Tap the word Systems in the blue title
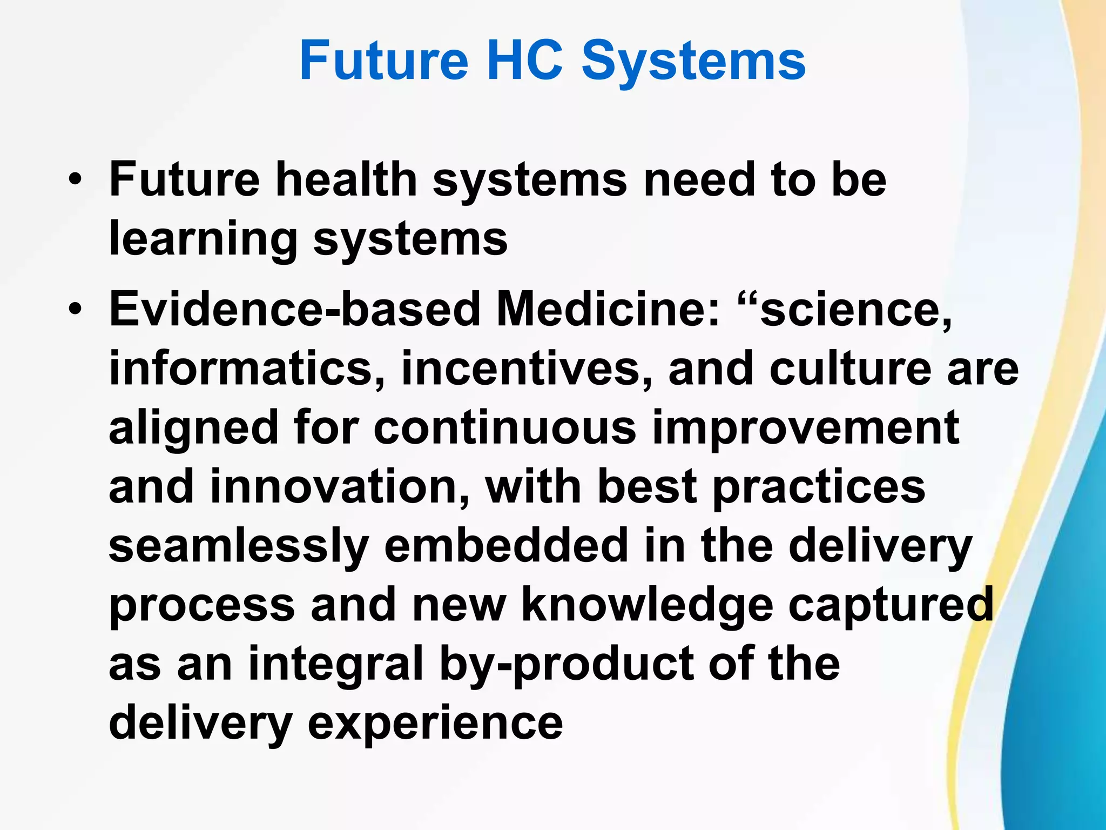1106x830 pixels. click(693, 62)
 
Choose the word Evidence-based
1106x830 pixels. click(294, 309)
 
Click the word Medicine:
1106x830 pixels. click(608, 309)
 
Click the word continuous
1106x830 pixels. click(505, 427)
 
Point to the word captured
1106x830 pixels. click(891, 606)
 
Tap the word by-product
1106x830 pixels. click(567, 666)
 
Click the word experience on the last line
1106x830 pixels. click(435, 725)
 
